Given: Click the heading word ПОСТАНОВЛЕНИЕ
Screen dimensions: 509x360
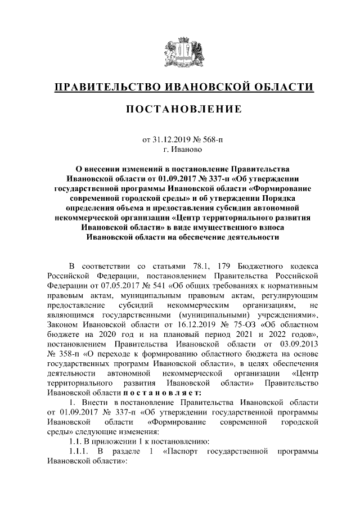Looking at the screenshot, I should (x=180, y=108).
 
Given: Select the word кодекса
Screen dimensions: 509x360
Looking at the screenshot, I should (x=303, y=265).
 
